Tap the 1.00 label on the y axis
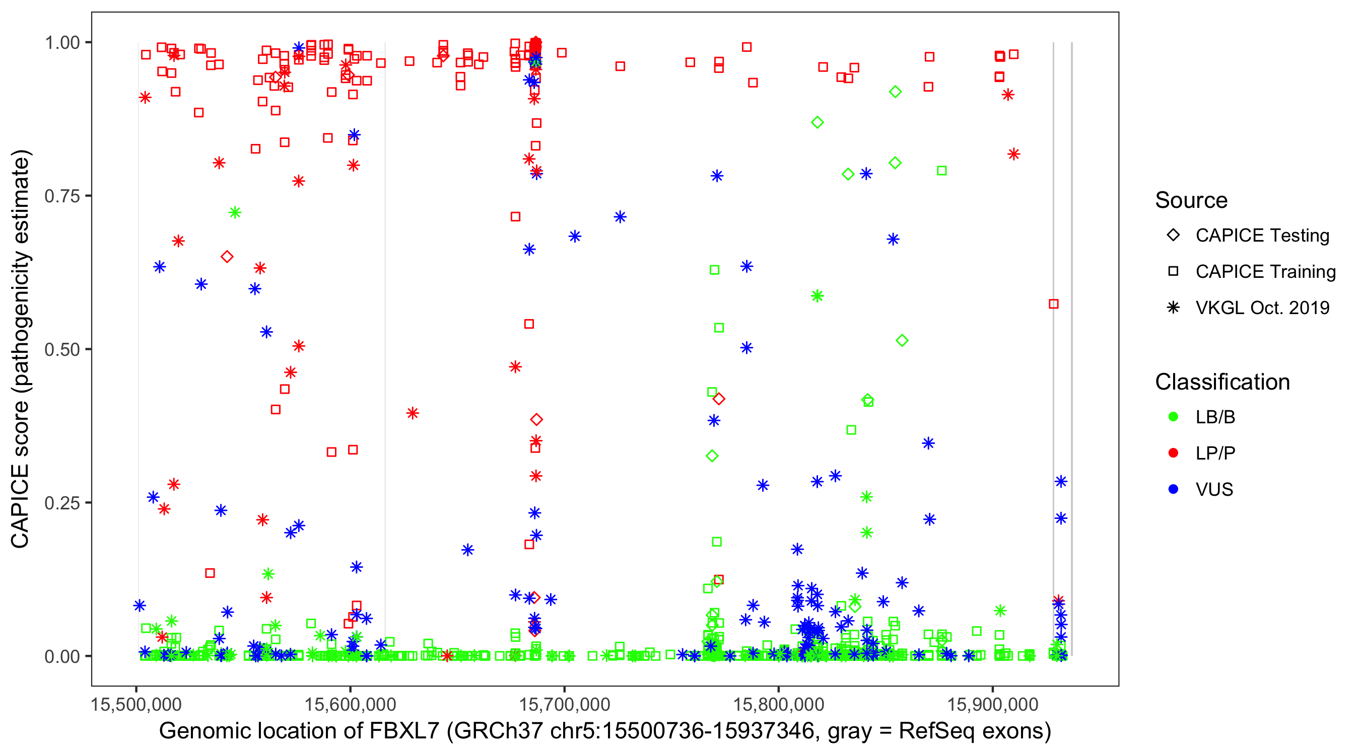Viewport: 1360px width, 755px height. [61, 43]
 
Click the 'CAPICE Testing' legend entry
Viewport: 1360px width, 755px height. [1262, 236]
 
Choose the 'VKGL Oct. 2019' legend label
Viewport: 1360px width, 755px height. [1262, 308]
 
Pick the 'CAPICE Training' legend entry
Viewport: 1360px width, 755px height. [1265, 272]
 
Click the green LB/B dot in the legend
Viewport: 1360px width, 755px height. [1173, 417]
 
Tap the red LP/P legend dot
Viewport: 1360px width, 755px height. [1173, 453]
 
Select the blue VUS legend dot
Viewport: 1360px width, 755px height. [1173, 489]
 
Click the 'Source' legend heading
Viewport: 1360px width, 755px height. [1191, 200]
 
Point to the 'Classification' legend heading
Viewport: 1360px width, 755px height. [1222, 382]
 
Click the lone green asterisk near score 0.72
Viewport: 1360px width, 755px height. [235, 212]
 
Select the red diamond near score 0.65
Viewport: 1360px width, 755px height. [227, 257]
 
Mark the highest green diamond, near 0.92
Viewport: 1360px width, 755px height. [895, 92]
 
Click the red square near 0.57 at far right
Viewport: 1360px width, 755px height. [1053, 304]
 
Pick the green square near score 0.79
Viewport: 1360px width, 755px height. [941, 171]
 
